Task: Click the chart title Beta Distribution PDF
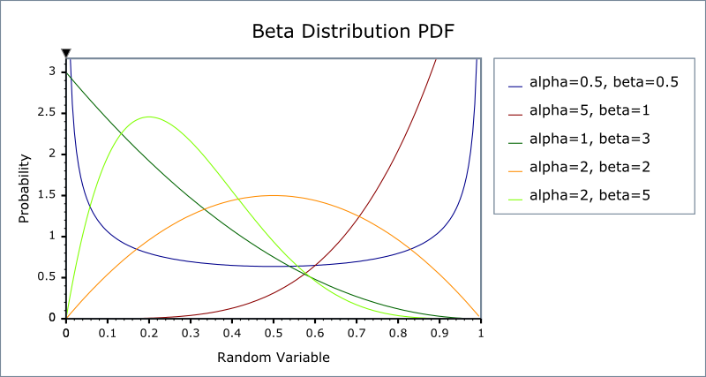pos(353,32)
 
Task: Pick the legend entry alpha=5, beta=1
pos(590,111)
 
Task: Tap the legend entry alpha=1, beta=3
pos(590,139)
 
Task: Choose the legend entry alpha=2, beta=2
pos(590,167)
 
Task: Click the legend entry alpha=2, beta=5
pos(590,195)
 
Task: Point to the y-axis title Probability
pos(26,188)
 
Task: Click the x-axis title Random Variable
pos(273,358)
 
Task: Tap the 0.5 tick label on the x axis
pos(274,335)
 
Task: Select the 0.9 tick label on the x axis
pos(439,335)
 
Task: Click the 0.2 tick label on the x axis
pos(149,335)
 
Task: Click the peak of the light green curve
pos(149,117)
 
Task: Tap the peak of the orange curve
pos(274,195)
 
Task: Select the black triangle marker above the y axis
pos(66,53)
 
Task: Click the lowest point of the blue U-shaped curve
pos(274,266)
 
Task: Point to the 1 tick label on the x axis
pos(480,335)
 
